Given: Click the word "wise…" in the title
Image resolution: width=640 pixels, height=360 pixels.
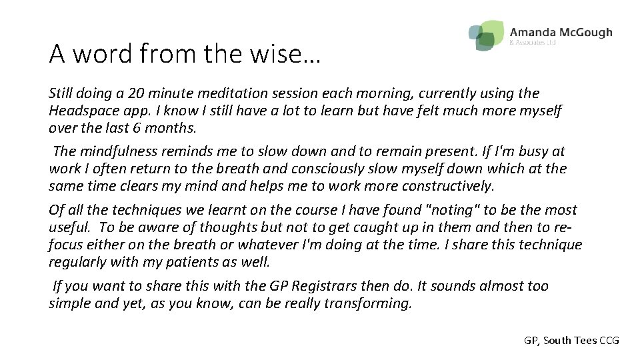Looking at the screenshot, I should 293,54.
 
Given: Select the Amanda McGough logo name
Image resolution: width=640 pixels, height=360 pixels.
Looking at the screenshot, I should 560,33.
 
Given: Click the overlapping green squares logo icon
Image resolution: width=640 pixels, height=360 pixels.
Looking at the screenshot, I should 486,34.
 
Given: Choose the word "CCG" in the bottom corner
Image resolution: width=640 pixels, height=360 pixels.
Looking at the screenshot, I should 609,340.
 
